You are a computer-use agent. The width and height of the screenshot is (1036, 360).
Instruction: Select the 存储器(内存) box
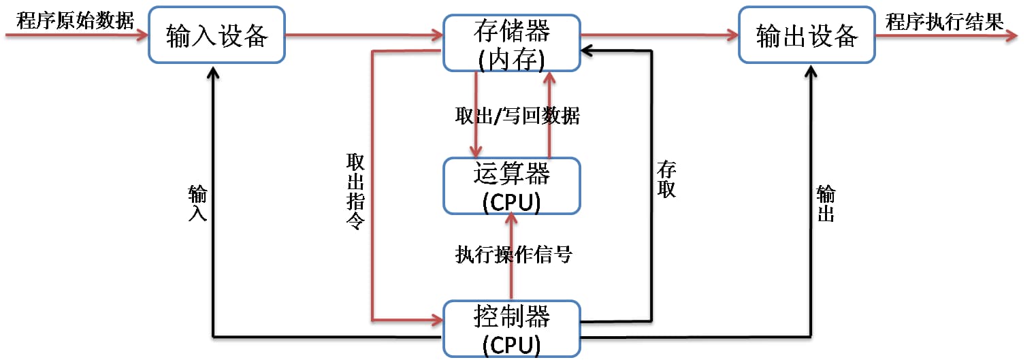pyautogui.click(x=511, y=43)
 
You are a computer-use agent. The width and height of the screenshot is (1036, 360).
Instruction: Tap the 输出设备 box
pyautogui.click(x=807, y=35)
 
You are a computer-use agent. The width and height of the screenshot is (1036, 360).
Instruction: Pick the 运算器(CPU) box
pyautogui.click(x=511, y=186)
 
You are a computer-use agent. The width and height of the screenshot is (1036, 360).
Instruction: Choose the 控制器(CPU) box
pyautogui.click(x=511, y=329)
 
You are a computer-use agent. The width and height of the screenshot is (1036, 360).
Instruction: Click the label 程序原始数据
pyautogui.click(x=76, y=20)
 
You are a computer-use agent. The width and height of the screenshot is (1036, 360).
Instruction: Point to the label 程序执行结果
pyautogui.click(x=944, y=21)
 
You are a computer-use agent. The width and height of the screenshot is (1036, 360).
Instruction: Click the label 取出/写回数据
pyautogui.click(x=517, y=116)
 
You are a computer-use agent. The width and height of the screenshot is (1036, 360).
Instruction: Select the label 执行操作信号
pyautogui.click(x=514, y=255)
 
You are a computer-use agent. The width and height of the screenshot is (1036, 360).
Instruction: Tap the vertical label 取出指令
pyautogui.click(x=355, y=191)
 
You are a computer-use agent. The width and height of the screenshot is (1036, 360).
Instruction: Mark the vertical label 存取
pyautogui.click(x=666, y=179)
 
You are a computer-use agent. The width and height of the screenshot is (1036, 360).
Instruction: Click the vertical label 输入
pyautogui.click(x=198, y=203)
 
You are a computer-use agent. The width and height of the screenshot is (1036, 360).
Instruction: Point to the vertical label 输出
pyautogui.click(x=826, y=204)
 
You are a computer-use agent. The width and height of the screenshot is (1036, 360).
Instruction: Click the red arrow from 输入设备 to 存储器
pyautogui.click(x=364, y=34)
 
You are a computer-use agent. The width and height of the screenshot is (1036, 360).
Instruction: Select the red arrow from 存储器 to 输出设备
pyautogui.click(x=659, y=34)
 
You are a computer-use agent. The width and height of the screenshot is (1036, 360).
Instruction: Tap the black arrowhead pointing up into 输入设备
pyautogui.click(x=214, y=71)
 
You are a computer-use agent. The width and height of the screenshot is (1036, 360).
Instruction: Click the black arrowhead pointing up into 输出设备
pyautogui.click(x=811, y=71)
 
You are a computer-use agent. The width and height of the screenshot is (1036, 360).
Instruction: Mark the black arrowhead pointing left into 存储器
pyautogui.click(x=587, y=50)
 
